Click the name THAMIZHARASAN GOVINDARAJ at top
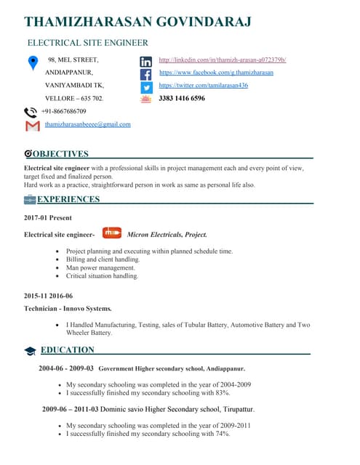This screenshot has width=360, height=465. coord(137,22)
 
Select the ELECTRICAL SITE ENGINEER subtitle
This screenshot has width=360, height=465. coord(87,44)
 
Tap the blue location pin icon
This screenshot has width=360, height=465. coord(33,63)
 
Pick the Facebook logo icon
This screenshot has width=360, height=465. coord(145,74)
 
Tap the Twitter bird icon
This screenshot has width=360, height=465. coord(145,86)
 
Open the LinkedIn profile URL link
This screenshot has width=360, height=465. coord(222,60)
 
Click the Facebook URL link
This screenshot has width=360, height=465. coord(216,73)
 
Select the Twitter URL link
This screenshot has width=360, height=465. coord(203,85)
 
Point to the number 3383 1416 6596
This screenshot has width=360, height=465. coord(182,98)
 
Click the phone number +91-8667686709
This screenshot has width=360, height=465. coord(63,111)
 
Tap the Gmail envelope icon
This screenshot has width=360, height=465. coord(32,126)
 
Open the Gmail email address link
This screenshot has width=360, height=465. coord(87,124)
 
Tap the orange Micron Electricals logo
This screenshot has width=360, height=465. coord(111,233)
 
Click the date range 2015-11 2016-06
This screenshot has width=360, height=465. coord(49,296)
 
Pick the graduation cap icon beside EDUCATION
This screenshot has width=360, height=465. coord(30,351)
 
